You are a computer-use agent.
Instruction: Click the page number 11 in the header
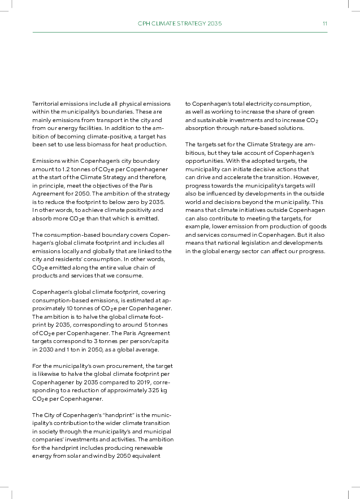coord(325,24)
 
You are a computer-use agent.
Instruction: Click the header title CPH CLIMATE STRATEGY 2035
coord(180,24)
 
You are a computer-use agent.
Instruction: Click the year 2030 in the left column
coord(42,349)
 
